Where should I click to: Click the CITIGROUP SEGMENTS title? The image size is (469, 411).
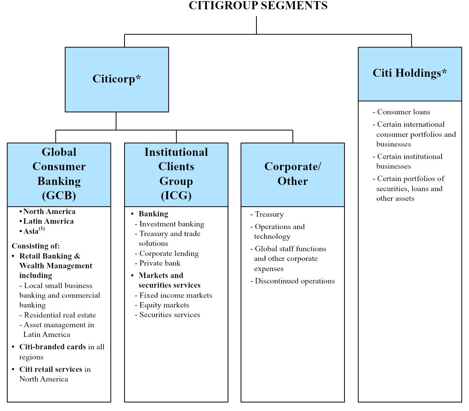[x=258, y=6]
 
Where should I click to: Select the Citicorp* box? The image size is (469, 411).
[x=116, y=79]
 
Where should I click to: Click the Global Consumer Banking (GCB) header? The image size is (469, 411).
[x=59, y=174]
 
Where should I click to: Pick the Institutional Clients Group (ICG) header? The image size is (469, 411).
[x=176, y=174]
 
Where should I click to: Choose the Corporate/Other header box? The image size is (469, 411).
[x=292, y=174]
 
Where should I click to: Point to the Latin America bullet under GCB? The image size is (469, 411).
[x=48, y=221]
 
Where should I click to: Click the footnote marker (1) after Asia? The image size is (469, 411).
[x=42, y=229]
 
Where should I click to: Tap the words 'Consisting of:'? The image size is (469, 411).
[x=36, y=246]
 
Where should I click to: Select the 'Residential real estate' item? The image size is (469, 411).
[x=60, y=315]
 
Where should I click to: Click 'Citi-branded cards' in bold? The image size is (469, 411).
[x=53, y=347]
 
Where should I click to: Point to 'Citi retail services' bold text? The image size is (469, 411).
[x=51, y=370]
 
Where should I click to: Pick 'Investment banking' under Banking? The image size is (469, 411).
[x=171, y=224]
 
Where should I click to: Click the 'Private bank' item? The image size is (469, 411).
[x=160, y=263]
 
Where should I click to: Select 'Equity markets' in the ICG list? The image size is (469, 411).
[x=164, y=305]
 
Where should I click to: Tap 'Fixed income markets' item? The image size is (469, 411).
[x=176, y=295]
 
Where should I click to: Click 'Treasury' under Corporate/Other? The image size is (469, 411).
[x=269, y=214]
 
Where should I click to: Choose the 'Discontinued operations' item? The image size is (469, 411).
[x=294, y=281]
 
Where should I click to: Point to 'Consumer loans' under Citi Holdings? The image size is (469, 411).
[x=403, y=112]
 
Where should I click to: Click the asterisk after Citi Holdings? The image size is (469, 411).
[x=444, y=72]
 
